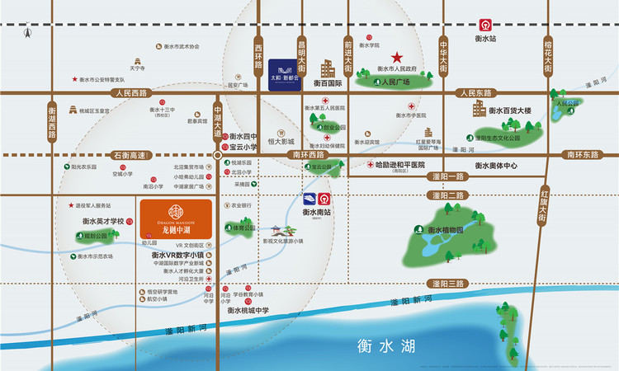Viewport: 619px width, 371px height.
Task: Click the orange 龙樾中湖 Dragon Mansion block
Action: (x=178, y=219)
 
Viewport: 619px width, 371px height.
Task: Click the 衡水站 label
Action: (x=486, y=39)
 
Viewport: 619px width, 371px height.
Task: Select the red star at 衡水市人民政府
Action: (x=397, y=58)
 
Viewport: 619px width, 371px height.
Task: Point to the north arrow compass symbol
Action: (x=27, y=34)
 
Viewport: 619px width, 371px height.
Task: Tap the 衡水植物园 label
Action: (x=449, y=230)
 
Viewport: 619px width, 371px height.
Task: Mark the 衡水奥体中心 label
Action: (x=495, y=166)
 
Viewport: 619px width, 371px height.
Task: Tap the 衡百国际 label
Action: (x=328, y=83)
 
